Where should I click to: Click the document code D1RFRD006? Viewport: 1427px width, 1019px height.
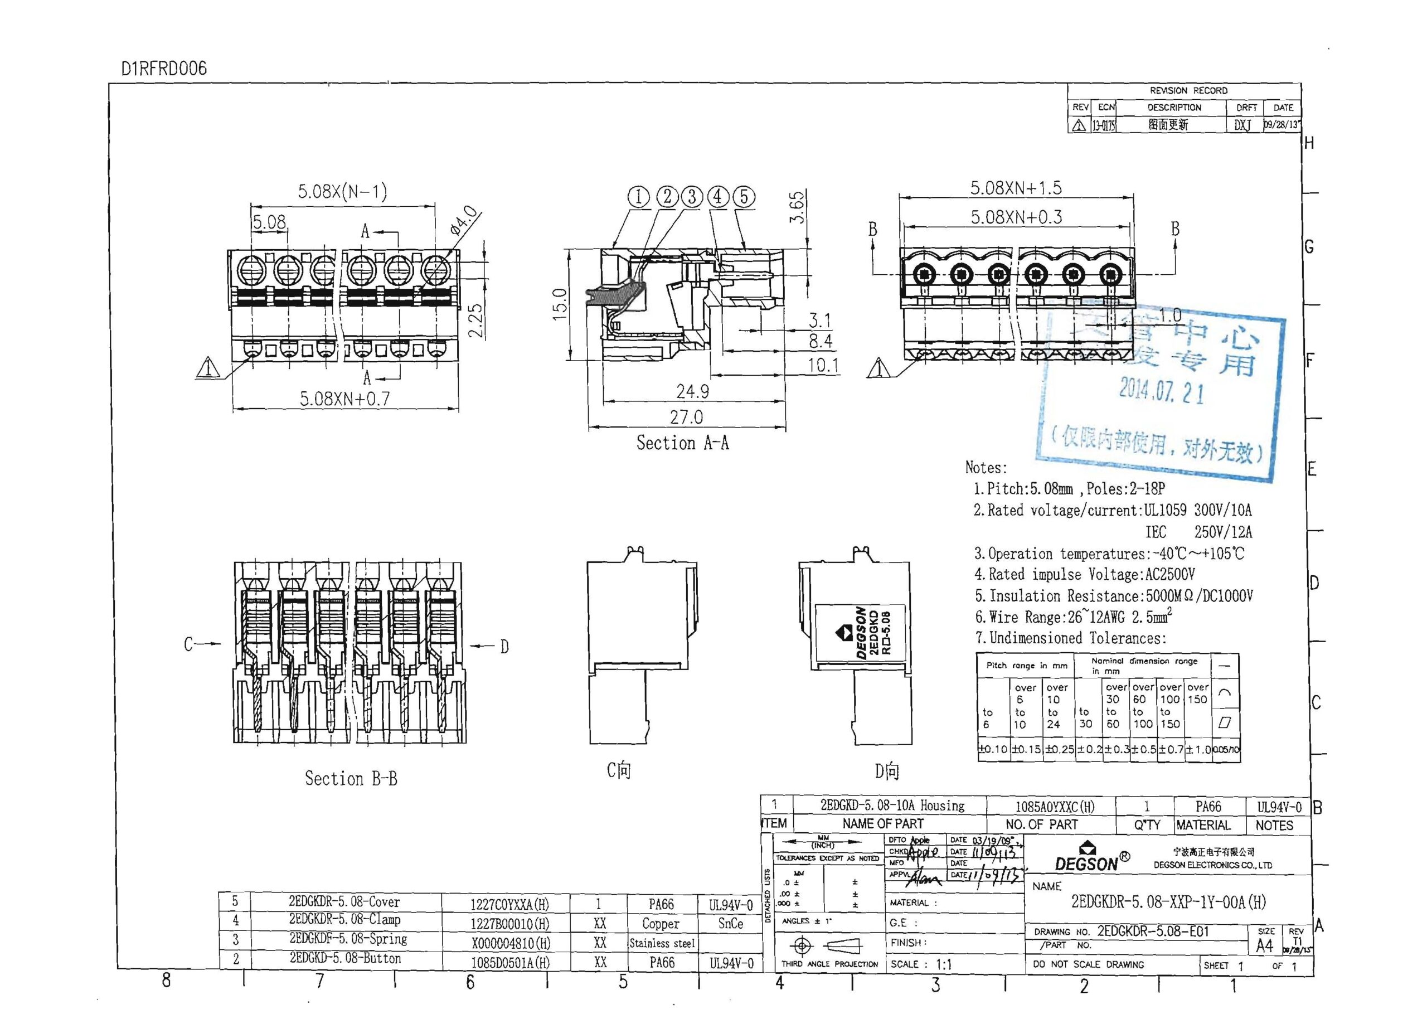[x=164, y=69]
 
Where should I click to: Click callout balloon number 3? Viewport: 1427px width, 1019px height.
[x=692, y=196]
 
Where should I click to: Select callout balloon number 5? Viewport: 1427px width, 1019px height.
[x=744, y=196]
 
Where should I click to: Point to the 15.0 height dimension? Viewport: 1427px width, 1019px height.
[x=560, y=304]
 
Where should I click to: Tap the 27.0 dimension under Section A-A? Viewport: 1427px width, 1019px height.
[x=686, y=418]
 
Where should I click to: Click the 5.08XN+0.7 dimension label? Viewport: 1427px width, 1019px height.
[x=344, y=399]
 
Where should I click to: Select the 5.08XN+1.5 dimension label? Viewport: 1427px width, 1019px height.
[x=1016, y=188]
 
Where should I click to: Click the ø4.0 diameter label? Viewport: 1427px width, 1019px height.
[x=464, y=220]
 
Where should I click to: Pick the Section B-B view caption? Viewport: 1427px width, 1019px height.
[x=351, y=779]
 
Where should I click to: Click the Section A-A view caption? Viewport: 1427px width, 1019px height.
[x=682, y=443]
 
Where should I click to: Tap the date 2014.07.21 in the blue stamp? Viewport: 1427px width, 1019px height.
[x=1161, y=391]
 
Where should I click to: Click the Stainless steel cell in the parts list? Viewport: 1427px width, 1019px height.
[x=662, y=943]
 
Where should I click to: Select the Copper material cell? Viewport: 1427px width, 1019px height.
[x=661, y=924]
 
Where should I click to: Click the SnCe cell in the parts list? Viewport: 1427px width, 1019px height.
[x=730, y=924]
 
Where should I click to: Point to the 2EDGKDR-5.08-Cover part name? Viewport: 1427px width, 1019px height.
[x=344, y=902]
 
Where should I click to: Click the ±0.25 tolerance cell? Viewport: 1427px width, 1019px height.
[x=1059, y=749]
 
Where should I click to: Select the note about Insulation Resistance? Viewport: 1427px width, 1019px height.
[x=1113, y=595]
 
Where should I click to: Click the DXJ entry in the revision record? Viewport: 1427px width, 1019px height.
[x=1242, y=125]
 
